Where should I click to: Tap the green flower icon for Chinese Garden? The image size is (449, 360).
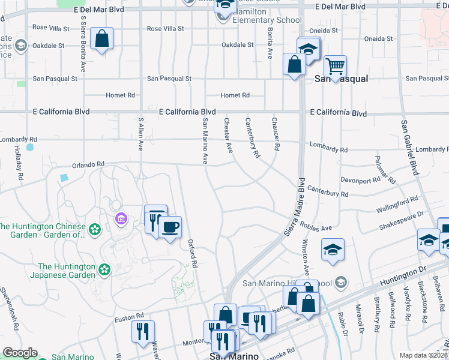pyautogui.click(x=94, y=229)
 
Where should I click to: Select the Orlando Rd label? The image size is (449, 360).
pyautogui.click(x=88, y=164)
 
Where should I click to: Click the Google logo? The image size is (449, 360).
pyautogui.click(x=20, y=353)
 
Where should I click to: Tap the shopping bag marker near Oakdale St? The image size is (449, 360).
pyautogui.click(x=102, y=40)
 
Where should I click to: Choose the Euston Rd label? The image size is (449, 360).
pyautogui.click(x=130, y=316)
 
